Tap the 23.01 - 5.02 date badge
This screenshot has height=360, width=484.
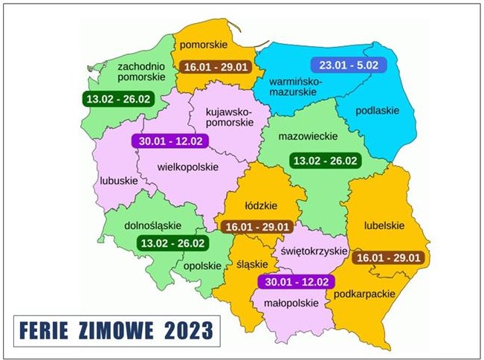click(344, 65)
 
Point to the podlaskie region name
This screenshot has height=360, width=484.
click(377, 111)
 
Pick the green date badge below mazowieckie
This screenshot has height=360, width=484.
click(325, 161)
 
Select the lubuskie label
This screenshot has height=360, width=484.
click(118, 181)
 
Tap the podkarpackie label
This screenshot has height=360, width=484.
click(364, 295)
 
